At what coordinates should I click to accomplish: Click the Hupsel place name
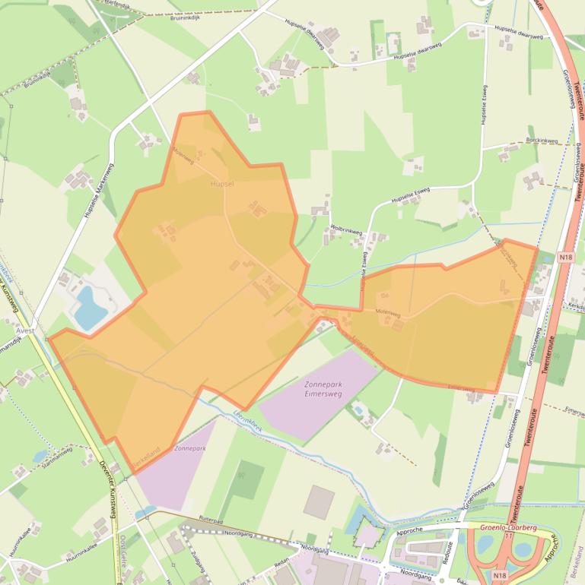[223, 184]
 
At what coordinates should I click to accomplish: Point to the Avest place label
[24, 330]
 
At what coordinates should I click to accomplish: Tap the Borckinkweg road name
[542, 141]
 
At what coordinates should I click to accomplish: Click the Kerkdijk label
[576, 306]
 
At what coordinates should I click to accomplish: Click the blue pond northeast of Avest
[89, 308]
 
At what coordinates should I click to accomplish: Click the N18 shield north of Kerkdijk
[564, 258]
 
